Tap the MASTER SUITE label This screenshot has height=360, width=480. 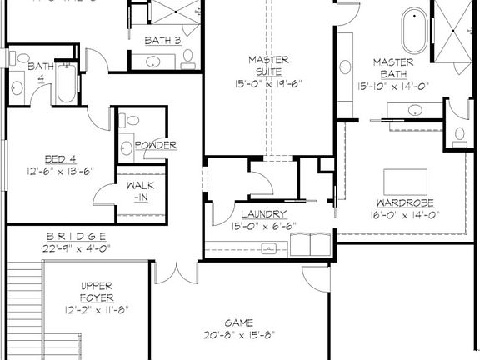(268, 66)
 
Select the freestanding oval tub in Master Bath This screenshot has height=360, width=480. (413, 32)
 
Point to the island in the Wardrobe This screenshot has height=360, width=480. (405, 181)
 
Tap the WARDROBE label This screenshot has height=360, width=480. (405, 202)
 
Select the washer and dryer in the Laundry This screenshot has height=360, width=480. (310, 243)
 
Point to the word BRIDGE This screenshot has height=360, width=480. (76, 236)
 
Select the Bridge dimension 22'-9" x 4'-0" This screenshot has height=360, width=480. (76, 247)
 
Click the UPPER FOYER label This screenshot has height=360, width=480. (96, 291)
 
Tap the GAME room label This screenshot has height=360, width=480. (238, 322)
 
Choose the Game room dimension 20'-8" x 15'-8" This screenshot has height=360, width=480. (238, 334)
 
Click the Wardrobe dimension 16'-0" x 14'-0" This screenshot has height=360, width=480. (405, 214)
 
